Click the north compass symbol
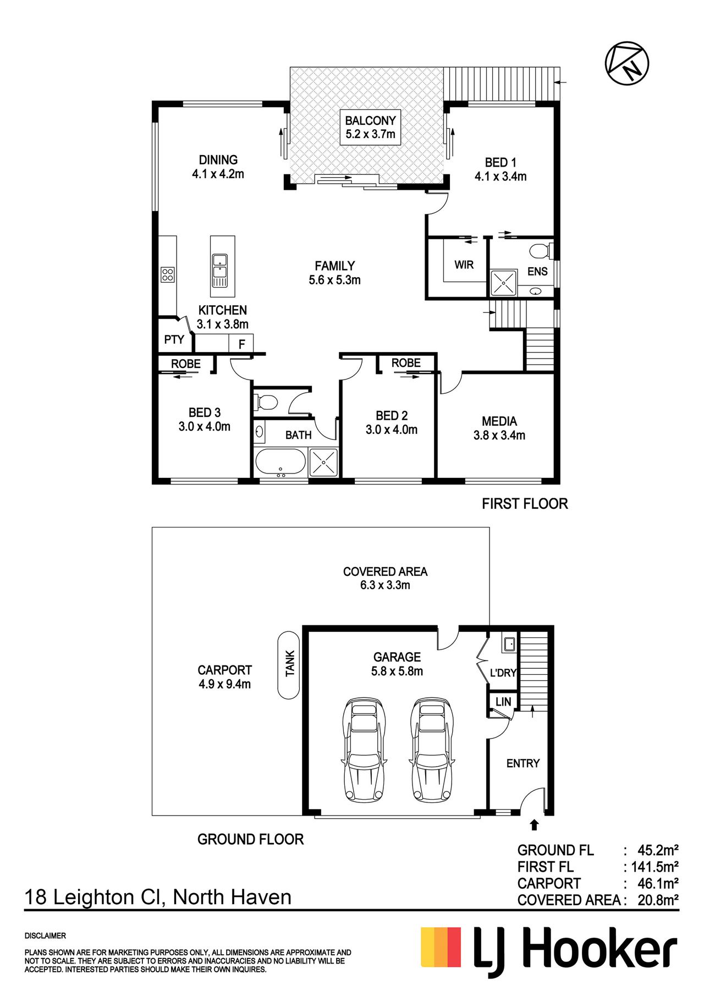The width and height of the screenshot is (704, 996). tap(627, 63)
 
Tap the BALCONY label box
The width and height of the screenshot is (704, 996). tap(370, 127)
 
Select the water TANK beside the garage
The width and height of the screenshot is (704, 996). tap(289, 664)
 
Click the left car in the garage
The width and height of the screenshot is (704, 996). tap(364, 750)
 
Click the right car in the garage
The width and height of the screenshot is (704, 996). tap(432, 750)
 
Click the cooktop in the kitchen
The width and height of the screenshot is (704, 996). tap(167, 274)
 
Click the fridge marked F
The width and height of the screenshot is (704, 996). tap(241, 344)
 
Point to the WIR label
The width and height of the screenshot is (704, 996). tap(464, 265)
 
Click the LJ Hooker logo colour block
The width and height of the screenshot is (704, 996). tap(441, 947)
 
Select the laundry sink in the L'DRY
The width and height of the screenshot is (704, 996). tap(509, 643)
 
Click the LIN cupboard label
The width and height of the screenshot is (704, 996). tap(503, 702)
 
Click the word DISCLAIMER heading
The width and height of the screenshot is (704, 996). tap(45, 936)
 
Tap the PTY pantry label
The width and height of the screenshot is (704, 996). tap(174, 340)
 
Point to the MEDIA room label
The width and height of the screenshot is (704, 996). tap(499, 421)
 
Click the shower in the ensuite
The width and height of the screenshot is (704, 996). tap(503, 283)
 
